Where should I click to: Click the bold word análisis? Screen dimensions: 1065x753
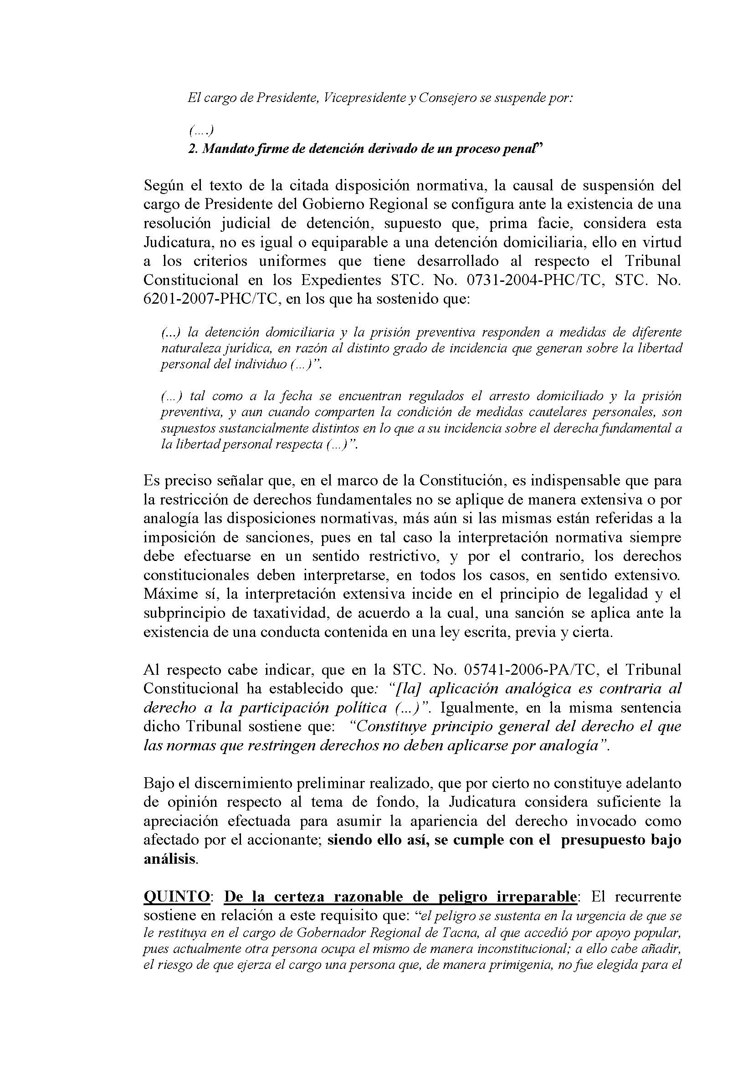coord(169,859)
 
